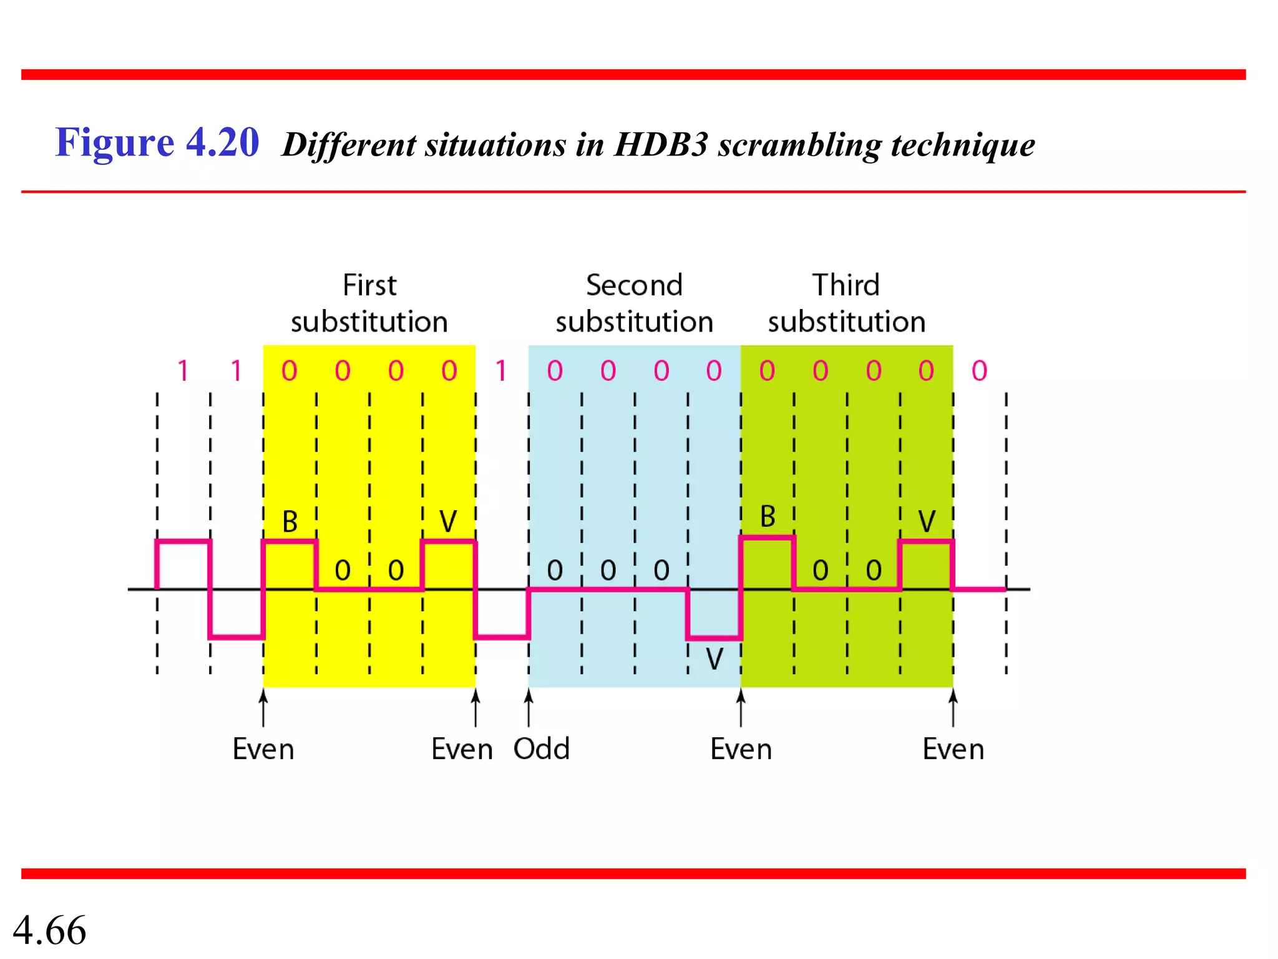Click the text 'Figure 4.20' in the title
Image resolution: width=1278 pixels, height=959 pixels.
pyautogui.click(x=157, y=142)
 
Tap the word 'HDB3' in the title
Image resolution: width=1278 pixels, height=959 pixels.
pyautogui.click(x=661, y=145)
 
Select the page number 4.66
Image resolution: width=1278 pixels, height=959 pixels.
pyautogui.click(x=49, y=930)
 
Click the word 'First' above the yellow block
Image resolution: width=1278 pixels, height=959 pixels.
pyautogui.click(x=369, y=285)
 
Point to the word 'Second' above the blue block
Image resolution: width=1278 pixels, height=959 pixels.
pyautogui.click(x=634, y=285)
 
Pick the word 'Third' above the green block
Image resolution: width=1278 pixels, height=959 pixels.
pyautogui.click(x=846, y=285)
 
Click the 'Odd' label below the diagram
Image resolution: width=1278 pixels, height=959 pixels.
pyautogui.click(x=541, y=749)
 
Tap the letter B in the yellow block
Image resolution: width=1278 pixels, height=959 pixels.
pyautogui.click(x=290, y=521)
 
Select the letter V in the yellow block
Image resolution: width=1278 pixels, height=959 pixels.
pyautogui.click(x=448, y=521)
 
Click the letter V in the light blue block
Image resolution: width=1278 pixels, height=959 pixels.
pyautogui.click(x=714, y=659)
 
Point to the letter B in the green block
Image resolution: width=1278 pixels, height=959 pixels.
pyautogui.click(x=768, y=517)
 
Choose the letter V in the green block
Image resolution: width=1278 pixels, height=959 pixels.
pyautogui.click(x=927, y=521)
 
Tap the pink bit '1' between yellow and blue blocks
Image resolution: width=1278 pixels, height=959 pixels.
pyautogui.click(x=501, y=371)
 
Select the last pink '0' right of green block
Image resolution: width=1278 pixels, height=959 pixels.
pyautogui.click(x=979, y=371)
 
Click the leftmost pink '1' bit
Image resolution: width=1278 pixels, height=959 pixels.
pyautogui.click(x=183, y=371)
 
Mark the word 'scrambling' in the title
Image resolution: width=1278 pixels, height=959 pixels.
pyautogui.click(x=799, y=145)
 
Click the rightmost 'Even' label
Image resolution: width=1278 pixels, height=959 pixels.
pyautogui.click(x=953, y=749)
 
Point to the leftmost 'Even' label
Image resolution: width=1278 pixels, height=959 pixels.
pyautogui.click(x=263, y=749)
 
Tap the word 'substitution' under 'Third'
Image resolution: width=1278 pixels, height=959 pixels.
pyautogui.click(x=846, y=322)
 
